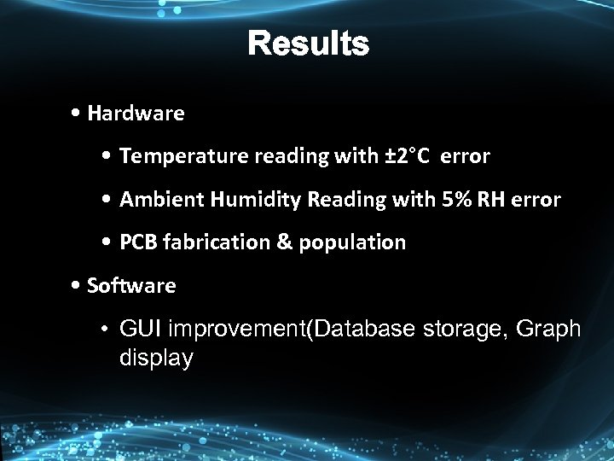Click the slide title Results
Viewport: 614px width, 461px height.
(x=309, y=44)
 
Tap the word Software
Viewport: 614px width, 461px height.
(x=131, y=286)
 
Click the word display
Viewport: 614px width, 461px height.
(x=156, y=359)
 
